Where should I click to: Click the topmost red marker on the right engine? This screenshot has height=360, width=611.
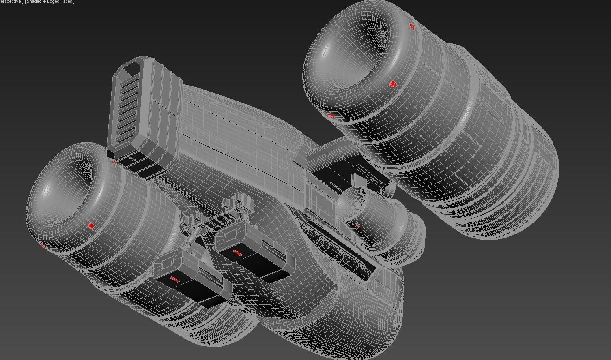[x=412, y=27]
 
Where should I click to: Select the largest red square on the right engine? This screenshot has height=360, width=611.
[x=392, y=84]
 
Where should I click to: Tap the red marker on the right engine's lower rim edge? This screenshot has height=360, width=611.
[x=331, y=116]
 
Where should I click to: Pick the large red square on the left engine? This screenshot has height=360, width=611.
[x=91, y=226]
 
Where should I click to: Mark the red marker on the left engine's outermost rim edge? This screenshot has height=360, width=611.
[x=42, y=245]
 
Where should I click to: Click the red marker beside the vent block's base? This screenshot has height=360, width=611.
[x=114, y=163]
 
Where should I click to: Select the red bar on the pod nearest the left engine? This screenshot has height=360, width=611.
[x=174, y=279]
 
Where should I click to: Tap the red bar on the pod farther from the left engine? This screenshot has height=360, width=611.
[x=238, y=254]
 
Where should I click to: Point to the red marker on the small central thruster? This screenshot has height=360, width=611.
[x=358, y=225]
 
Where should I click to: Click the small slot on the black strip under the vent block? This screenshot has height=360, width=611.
[x=132, y=160]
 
